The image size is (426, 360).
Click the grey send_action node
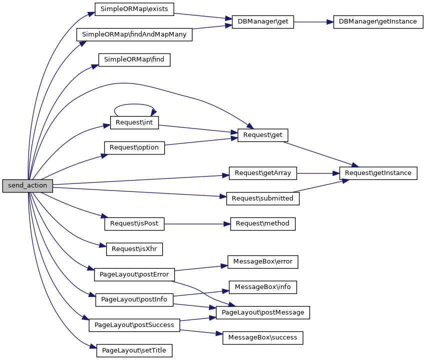[27, 185]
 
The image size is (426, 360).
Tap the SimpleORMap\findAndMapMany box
[134, 35]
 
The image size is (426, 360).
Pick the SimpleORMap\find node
[135, 60]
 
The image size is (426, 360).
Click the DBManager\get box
[263, 22]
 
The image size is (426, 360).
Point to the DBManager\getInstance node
[377, 22]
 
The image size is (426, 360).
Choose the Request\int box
[134, 123]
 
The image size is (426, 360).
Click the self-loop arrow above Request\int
[134, 104]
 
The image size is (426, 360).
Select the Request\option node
[134, 148]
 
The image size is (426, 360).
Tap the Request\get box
[263, 135]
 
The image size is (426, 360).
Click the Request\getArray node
[263, 173]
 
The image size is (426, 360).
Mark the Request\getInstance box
[378, 173]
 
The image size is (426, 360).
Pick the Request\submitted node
[263, 198]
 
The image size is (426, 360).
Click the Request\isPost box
[134, 223]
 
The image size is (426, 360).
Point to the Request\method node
[263, 223]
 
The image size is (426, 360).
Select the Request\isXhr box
[134, 248]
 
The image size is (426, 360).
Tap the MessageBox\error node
[263, 261]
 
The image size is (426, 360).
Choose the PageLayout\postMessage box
[263, 312]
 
